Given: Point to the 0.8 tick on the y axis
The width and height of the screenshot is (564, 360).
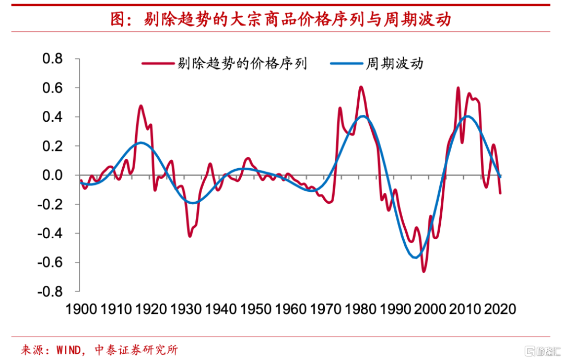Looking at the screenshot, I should [x=52, y=59].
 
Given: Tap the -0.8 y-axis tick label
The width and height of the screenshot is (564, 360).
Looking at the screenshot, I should [x=50, y=292].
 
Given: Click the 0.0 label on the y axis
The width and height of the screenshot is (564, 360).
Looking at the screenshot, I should [x=52, y=175].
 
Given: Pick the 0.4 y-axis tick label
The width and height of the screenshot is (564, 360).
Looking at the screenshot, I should [x=52, y=117].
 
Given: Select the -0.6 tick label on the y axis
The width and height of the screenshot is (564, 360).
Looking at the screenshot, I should [x=50, y=262].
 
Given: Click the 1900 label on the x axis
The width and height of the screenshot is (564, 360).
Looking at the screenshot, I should [x=80, y=309].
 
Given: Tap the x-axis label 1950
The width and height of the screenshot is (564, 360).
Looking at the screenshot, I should [x=255, y=309].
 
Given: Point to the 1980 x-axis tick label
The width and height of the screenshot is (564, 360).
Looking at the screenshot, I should [x=360, y=309].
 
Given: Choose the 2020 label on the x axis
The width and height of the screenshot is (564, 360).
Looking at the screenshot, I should [x=500, y=309].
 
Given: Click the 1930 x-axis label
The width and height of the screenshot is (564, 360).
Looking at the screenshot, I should [x=185, y=309].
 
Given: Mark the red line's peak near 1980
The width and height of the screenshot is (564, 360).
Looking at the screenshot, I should [x=360, y=87].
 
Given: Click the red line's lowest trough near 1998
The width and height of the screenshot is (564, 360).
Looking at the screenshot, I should [x=424, y=271].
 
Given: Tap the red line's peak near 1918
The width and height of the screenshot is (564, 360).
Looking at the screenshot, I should [x=141, y=106].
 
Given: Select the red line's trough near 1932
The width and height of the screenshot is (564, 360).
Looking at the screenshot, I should [x=190, y=236].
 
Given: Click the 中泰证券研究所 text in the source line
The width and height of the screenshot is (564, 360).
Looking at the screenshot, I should [x=136, y=350].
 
